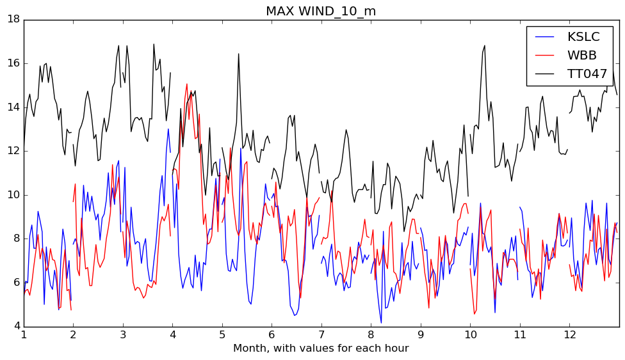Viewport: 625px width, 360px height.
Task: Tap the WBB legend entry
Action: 582,56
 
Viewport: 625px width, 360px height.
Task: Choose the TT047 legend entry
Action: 587,74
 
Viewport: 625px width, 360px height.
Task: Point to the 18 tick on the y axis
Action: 13,19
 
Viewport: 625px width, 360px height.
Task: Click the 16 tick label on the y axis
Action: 13,63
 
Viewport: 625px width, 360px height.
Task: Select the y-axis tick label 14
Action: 13,107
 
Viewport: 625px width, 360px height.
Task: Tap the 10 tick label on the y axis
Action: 13,195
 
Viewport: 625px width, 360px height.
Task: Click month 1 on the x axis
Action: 24,334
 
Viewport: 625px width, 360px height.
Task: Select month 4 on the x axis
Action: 172,334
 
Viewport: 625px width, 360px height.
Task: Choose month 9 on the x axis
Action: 421,334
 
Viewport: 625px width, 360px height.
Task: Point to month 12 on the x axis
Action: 569,334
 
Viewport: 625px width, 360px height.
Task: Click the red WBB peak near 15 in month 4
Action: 187,84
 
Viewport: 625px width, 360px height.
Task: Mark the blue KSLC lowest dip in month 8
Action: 381,323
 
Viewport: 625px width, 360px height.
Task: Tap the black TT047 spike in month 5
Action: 239,54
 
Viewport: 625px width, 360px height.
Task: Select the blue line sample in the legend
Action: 544,37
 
